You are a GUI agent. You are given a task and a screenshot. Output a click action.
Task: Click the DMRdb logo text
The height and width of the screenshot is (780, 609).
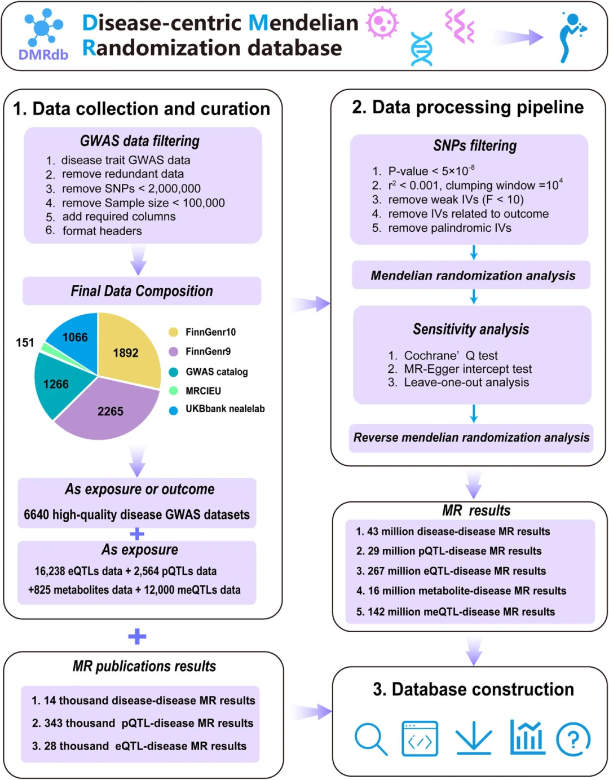click(x=43, y=55)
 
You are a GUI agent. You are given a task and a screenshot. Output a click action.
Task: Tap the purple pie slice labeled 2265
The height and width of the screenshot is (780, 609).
click(x=111, y=411)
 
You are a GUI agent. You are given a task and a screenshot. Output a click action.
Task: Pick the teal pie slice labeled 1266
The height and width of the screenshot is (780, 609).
click(x=56, y=384)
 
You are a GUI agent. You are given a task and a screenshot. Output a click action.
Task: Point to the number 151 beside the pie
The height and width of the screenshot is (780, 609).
click(x=25, y=342)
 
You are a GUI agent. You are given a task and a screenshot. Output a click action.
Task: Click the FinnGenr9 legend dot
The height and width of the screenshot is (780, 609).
click(x=174, y=351)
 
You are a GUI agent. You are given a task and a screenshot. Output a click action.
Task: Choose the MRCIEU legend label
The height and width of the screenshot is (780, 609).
click(x=203, y=391)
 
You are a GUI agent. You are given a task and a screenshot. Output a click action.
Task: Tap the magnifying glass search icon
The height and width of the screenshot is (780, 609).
click(x=370, y=738)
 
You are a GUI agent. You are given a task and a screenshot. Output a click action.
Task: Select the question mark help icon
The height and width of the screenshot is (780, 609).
click(x=573, y=739)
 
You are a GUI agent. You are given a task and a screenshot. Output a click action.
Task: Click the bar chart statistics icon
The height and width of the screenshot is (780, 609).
click(x=527, y=737)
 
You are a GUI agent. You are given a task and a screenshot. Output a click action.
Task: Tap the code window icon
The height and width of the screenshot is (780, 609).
click(x=420, y=738)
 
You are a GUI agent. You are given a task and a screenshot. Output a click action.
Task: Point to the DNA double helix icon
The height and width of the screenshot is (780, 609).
click(x=422, y=49)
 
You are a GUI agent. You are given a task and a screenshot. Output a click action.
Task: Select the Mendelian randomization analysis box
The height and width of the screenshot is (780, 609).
click(x=473, y=275)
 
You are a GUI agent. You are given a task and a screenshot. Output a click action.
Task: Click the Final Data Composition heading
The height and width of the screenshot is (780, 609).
click(x=142, y=291)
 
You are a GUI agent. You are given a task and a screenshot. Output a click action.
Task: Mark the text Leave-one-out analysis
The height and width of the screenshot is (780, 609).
click(x=466, y=382)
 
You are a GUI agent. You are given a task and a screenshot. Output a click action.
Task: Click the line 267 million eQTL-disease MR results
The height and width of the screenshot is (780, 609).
click(x=451, y=571)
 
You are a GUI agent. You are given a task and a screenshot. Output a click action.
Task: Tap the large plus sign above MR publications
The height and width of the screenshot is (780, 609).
click(x=137, y=637)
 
